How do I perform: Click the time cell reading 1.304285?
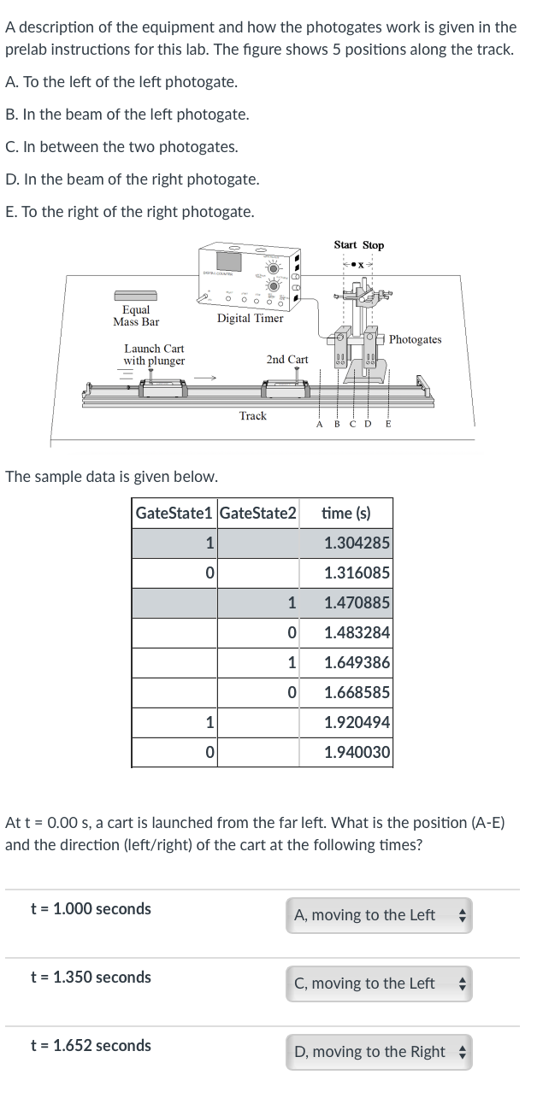click(x=357, y=543)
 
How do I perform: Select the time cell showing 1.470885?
click(x=357, y=602)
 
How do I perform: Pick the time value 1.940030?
click(x=357, y=752)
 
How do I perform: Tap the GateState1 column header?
click(x=174, y=513)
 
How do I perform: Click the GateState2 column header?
click(x=258, y=513)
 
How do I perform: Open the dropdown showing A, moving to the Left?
click(x=379, y=915)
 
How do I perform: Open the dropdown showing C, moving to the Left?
click(x=379, y=984)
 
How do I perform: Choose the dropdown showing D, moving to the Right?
click(x=379, y=1052)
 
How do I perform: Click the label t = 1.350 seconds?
click(x=91, y=977)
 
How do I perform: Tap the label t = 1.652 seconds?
click(x=91, y=1045)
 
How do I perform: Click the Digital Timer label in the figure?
click(x=250, y=319)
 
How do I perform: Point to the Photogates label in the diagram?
click(x=415, y=339)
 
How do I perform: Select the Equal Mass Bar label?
click(x=136, y=315)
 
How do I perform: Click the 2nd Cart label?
click(x=286, y=360)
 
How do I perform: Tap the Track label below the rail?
click(x=252, y=416)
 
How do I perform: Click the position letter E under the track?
click(x=388, y=424)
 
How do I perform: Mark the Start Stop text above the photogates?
click(x=358, y=245)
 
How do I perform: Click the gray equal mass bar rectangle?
click(x=135, y=294)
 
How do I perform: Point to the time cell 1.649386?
click(x=357, y=662)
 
